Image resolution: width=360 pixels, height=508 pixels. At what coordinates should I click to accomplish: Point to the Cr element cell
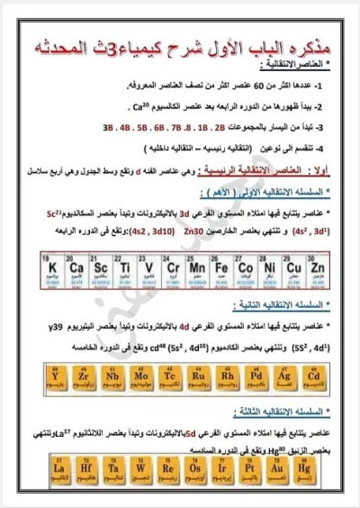tap(170, 270)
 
